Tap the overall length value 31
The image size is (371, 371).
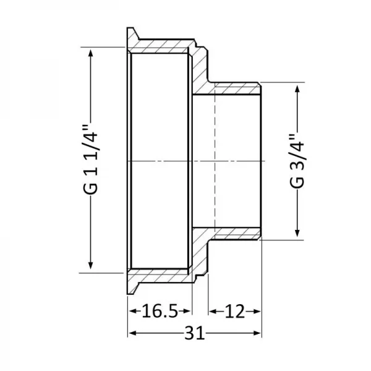point(194,334)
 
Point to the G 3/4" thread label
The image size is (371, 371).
point(297,160)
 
